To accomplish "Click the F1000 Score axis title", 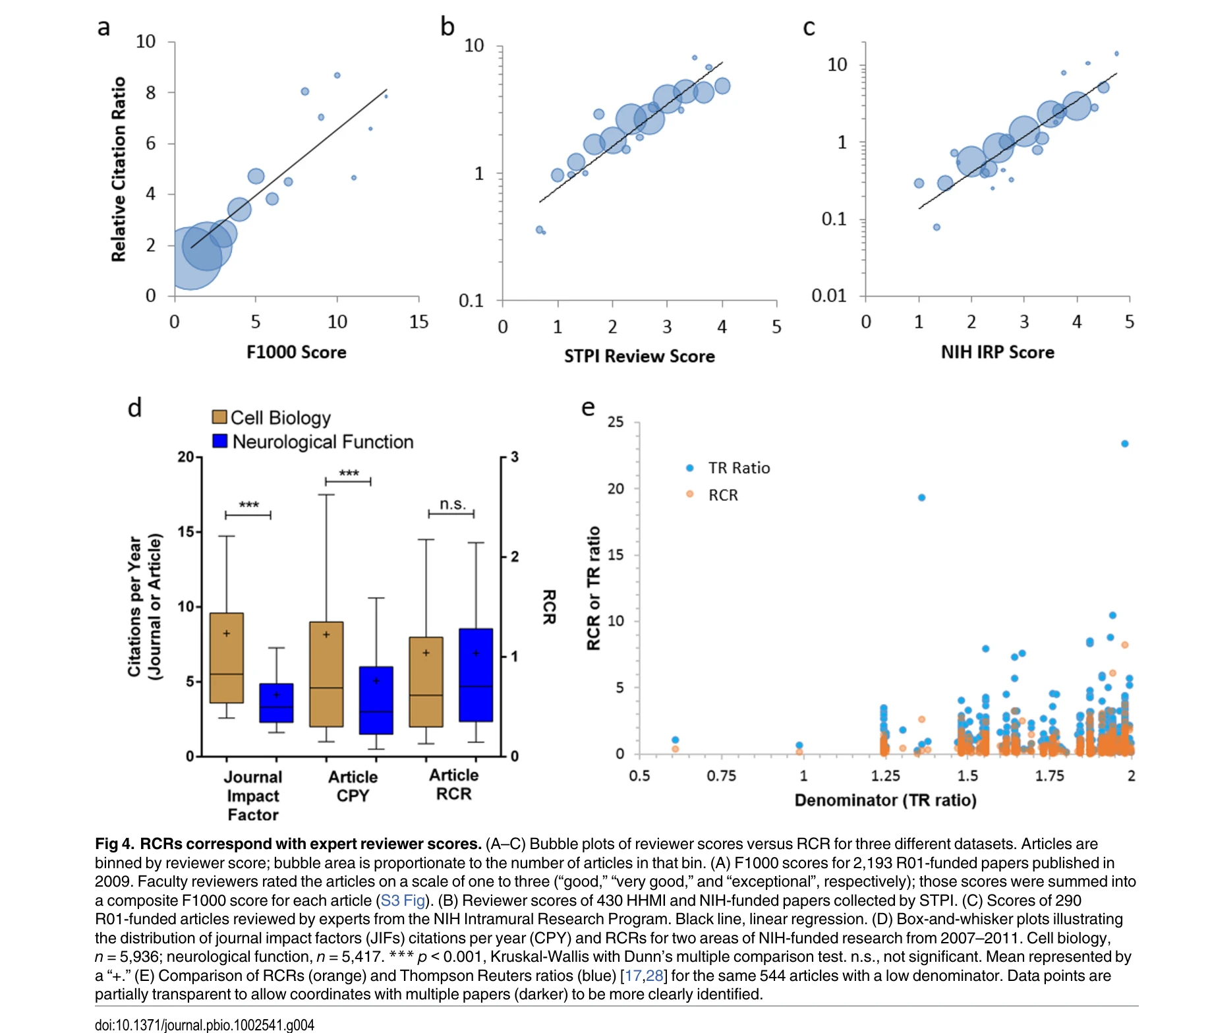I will [296, 352].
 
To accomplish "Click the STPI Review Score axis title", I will [639, 356].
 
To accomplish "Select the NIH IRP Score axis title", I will [996, 352].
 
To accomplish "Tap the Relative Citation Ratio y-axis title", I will [119, 169].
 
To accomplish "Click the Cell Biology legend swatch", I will [219, 417].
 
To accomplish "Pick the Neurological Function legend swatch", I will [220, 441].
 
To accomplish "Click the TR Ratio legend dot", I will [689, 468].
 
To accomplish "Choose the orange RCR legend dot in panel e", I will [689, 494].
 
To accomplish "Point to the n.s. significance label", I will [452, 504].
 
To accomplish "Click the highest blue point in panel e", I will [1124, 444].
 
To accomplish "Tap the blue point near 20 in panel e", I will [921, 498].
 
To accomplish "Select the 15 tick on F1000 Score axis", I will [418, 322].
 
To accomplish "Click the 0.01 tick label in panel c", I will [828, 295].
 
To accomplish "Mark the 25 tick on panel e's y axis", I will [615, 422].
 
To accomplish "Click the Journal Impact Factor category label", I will [253, 796].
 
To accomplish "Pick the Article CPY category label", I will [353, 786].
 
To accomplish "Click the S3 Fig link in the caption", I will [402, 900].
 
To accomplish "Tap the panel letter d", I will [134, 408].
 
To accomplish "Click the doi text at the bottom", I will [204, 1024].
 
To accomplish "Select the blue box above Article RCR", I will [476, 675].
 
